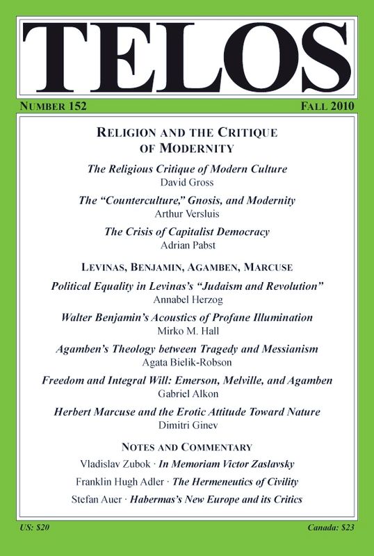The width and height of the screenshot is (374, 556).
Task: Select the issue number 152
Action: point(74,106)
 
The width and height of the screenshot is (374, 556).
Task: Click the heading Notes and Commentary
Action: point(186,446)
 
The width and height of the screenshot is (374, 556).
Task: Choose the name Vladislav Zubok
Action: point(111,464)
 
